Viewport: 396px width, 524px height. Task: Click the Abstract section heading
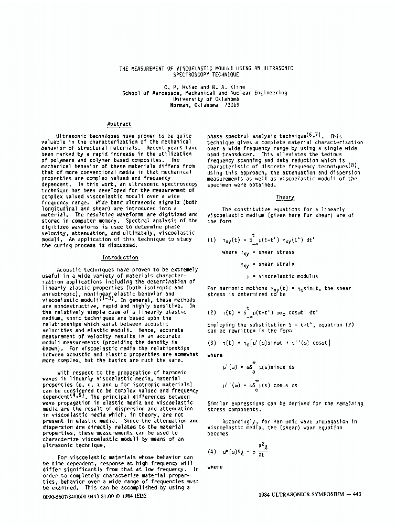119,124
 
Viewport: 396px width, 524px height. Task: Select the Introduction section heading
120,258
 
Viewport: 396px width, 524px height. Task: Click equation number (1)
212,241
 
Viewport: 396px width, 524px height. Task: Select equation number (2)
212,313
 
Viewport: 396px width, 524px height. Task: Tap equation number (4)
212,451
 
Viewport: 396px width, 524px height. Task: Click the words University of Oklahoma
206,99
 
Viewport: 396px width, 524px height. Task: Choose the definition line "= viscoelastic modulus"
285,276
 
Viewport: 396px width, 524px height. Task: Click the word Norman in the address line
181,105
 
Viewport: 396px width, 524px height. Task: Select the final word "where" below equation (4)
215,467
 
